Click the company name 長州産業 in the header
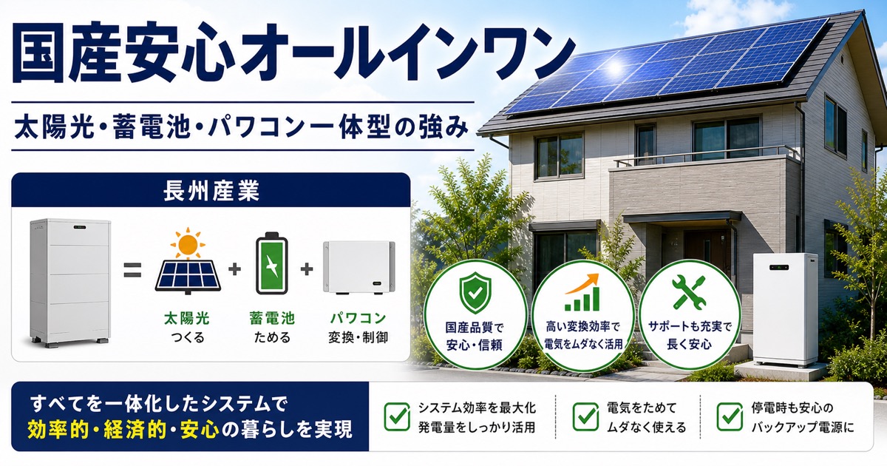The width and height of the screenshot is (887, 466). pyautogui.click(x=211, y=191)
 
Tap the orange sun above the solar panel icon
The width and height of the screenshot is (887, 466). pyautogui.click(x=188, y=243)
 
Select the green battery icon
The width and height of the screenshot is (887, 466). pyautogui.click(x=272, y=263)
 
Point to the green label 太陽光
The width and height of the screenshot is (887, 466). pyautogui.click(x=187, y=318)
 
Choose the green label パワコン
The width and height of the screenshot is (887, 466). pyautogui.click(x=358, y=318)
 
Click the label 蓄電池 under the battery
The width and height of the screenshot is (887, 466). pyautogui.click(x=272, y=318)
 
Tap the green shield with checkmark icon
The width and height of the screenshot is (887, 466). pyautogui.click(x=475, y=292)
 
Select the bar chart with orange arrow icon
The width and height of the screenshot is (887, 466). pyautogui.click(x=582, y=291)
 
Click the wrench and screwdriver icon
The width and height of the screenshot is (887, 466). pyautogui.click(x=689, y=292)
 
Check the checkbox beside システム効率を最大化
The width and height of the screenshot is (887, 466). pyautogui.click(x=397, y=416)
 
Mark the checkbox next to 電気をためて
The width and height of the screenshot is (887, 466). pyautogui.click(x=585, y=416)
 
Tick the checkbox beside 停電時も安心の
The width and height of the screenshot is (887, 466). pyautogui.click(x=730, y=416)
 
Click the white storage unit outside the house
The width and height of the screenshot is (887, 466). pyautogui.click(x=786, y=309)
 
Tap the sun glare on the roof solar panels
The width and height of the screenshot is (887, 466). pyautogui.click(x=614, y=68)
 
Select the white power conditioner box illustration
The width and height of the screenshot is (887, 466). pyautogui.click(x=358, y=268)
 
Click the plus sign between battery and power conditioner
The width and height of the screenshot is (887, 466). pyautogui.click(x=307, y=269)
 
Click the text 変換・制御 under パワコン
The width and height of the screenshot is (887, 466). pyautogui.click(x=358, y=337)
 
